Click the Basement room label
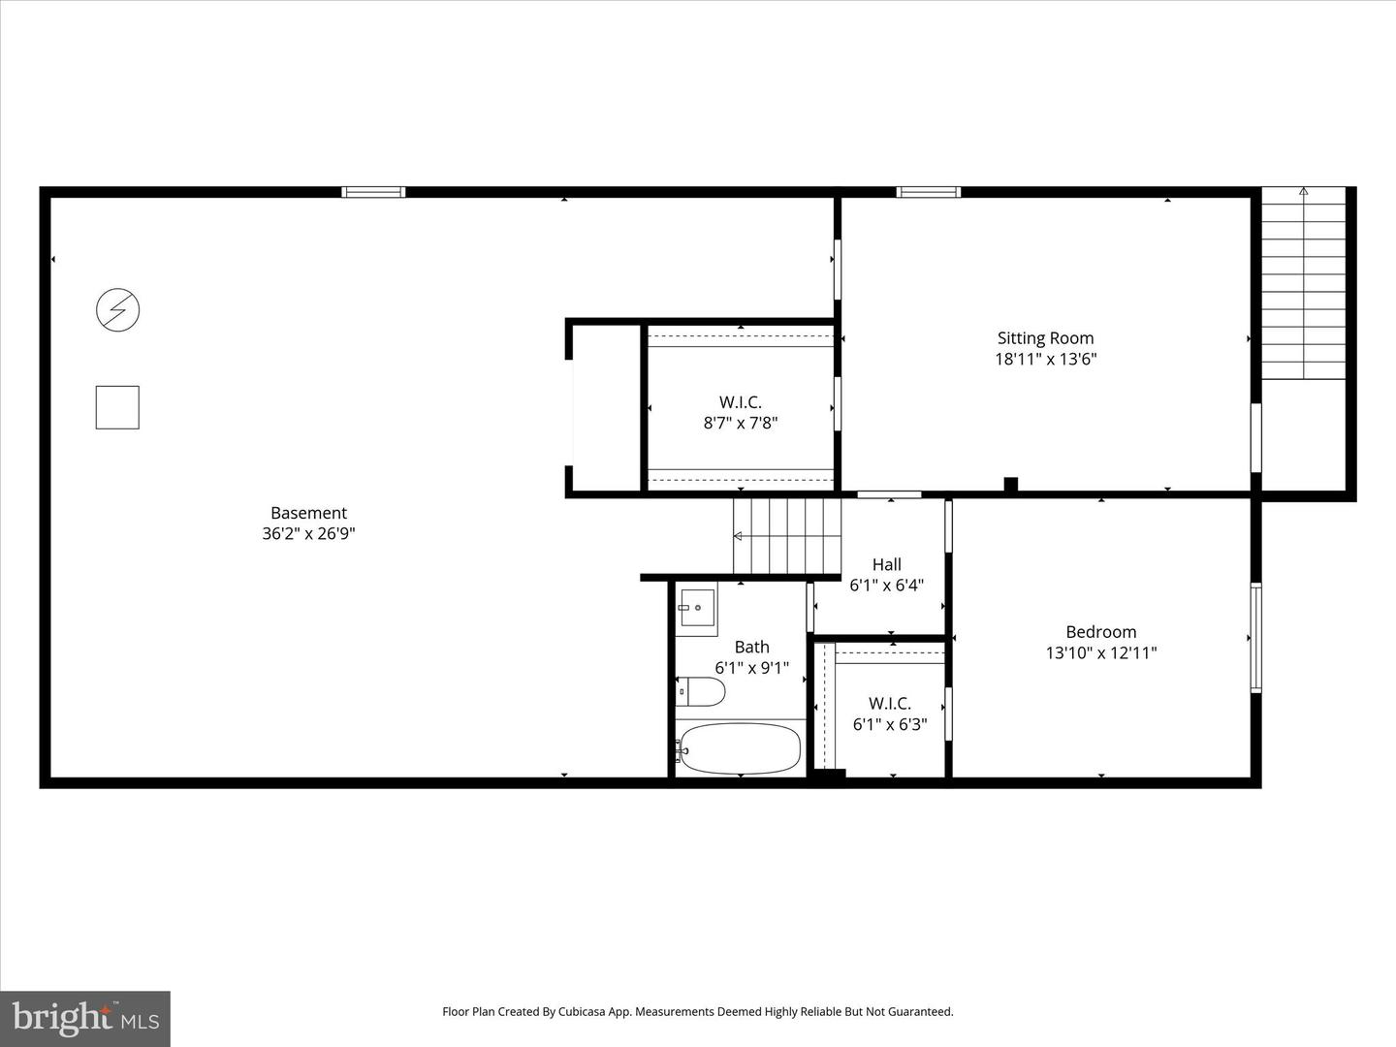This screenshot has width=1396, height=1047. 308,513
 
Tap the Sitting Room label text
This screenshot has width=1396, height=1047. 1045,338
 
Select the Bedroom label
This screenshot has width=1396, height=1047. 1100,632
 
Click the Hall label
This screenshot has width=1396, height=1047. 886,564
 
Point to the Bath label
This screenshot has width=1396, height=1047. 751,647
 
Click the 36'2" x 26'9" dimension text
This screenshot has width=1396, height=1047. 308,533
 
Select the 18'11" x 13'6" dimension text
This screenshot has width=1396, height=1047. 1045,359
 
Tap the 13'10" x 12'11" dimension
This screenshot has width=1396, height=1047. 1100,652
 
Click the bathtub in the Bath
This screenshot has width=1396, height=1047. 741,747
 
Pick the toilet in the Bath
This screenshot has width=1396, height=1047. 701,691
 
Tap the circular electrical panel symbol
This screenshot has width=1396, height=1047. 117,310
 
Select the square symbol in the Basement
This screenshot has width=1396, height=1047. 117,407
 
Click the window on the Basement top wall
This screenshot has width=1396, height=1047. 373,192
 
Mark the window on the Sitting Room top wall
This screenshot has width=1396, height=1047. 928,192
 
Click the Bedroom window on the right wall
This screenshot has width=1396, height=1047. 1255,637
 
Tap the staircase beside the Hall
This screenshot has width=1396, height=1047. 786,536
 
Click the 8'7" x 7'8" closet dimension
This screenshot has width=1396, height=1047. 741,423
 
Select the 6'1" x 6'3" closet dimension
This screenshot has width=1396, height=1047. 890,724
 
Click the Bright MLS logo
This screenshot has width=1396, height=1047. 85,1018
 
